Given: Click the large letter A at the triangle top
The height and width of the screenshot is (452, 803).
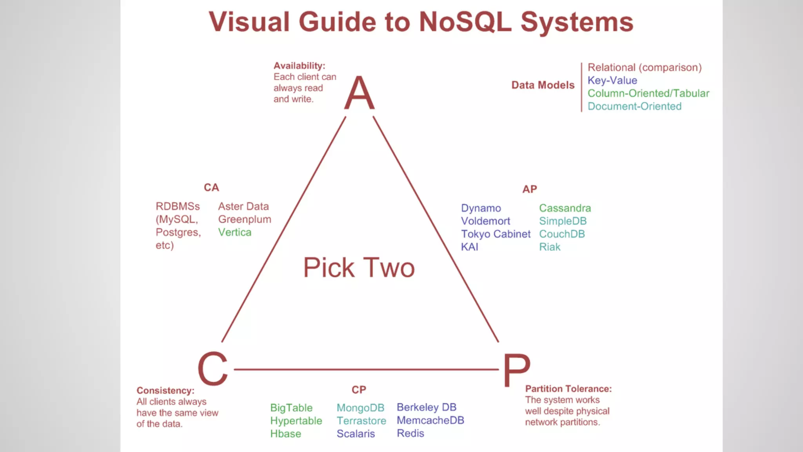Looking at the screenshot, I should [x=359, y=93].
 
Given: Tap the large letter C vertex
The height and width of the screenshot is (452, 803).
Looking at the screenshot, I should [x=213, y=368].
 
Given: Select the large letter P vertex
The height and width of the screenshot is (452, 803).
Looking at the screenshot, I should [x=516, y=370].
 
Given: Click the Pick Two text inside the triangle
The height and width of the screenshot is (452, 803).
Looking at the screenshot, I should [x=359, y=268].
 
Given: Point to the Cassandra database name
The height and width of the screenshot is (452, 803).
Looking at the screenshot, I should [x=565, y=208].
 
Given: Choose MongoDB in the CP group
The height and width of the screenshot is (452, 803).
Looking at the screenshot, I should [x=360, y=408].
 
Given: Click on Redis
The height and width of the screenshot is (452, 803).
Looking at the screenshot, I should [x=410, y=433].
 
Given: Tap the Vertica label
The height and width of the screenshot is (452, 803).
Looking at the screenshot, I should [x=234, y=232].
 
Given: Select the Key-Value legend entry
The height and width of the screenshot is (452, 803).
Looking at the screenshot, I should [x=612, y=80].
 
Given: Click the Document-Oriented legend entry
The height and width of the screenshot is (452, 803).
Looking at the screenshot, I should [x=634, y=106].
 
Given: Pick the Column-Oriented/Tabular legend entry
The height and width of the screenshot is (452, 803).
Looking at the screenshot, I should [x=648, y=93].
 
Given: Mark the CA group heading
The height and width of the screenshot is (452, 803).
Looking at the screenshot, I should [x=211, y=188].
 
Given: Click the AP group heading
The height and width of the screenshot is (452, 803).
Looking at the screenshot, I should [x=529, y=189].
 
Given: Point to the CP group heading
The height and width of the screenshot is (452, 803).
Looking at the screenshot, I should [x=359, y=390].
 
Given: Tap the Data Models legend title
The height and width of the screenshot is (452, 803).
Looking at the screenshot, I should [x=543, y=85].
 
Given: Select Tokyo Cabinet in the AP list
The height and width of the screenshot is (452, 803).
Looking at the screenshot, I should [x=496, y=234].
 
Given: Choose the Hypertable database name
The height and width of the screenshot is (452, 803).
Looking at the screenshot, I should [x=296, y=421].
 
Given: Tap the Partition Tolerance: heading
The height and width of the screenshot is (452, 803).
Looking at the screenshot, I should [x=568, y=389].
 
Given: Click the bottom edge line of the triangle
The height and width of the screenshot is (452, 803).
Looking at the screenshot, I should [x=365, y=369].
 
